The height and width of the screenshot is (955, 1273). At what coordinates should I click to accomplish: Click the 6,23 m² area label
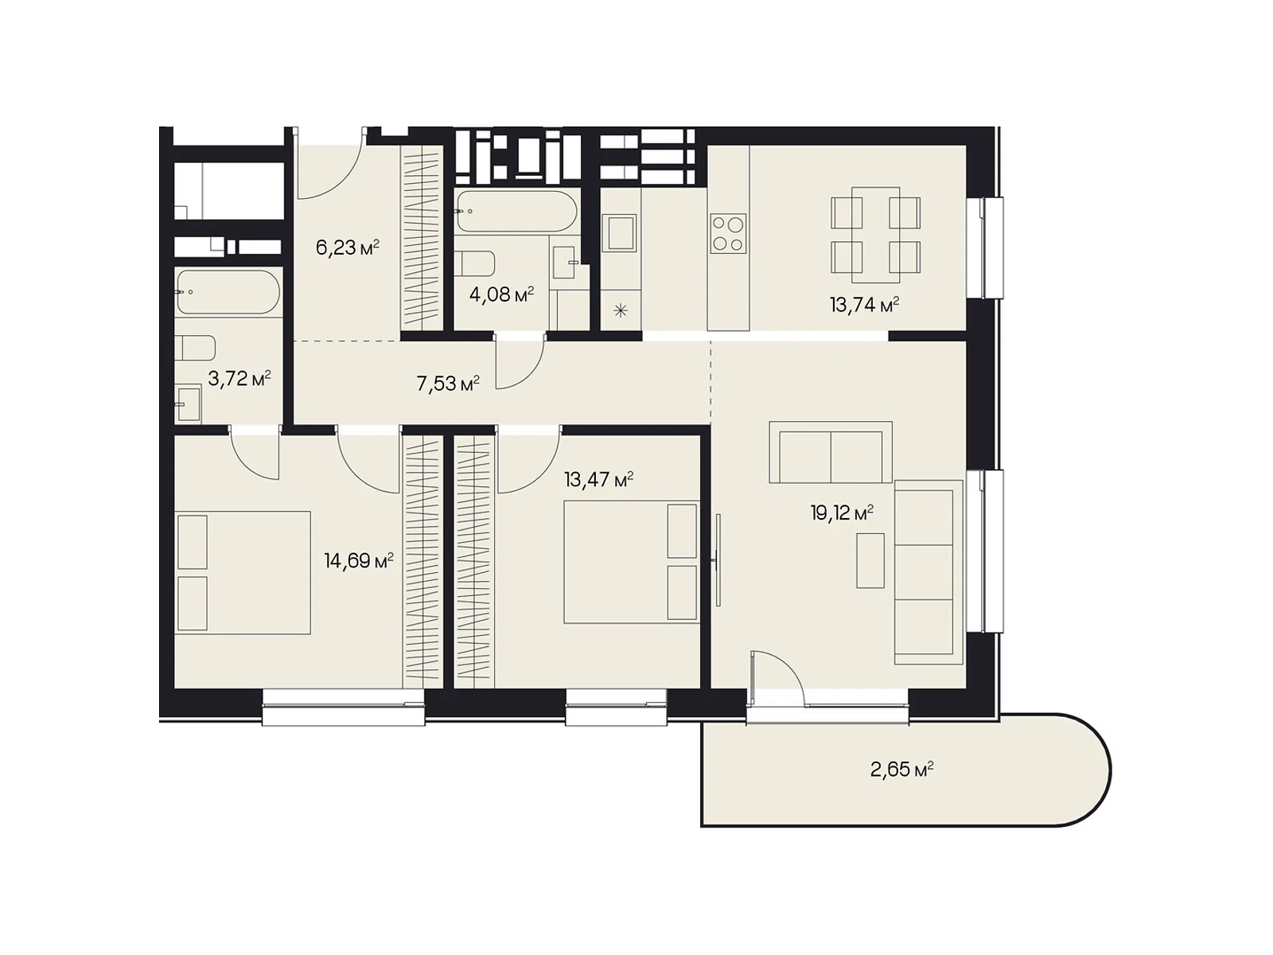[348, 248]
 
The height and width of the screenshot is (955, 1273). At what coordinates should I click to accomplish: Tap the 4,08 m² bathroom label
[502, 294]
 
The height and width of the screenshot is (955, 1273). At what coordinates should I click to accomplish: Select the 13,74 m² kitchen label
[865, 305]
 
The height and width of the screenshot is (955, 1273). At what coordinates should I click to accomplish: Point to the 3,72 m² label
[239, 379]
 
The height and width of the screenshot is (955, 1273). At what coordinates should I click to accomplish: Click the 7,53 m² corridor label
[448, 384]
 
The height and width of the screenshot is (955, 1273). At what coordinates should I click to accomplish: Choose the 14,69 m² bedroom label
[359, 561]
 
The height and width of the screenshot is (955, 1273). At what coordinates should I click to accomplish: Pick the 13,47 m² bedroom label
[598, 480]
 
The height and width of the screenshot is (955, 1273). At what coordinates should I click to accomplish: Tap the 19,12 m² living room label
[842, 513]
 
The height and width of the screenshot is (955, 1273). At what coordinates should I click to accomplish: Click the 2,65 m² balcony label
[901, 770]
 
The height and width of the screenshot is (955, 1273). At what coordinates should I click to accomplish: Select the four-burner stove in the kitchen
[729, 234]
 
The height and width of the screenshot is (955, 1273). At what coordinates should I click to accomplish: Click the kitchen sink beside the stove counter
[619, 232]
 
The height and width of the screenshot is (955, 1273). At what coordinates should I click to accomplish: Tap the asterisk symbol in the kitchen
[621, 311]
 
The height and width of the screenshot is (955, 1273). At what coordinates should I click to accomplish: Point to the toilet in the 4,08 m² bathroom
[474, 264]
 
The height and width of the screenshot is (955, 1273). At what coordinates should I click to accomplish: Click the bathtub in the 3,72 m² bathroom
[228, 291]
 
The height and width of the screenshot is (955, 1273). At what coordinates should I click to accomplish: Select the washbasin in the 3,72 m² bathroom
[189, 402]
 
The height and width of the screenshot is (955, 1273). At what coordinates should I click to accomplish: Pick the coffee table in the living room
[870, 561]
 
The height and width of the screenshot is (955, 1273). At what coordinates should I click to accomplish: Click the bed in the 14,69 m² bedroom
[243, 573]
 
